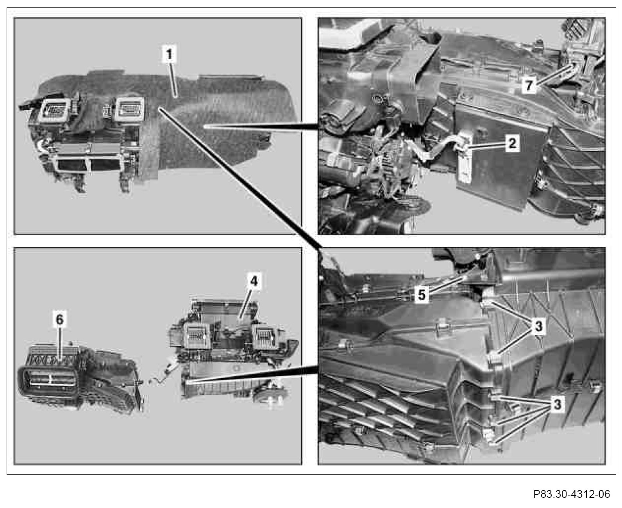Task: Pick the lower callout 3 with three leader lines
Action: (x=557, y=404)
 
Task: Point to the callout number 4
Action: (x=254, y=281)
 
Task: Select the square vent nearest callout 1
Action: (x=129, y=109)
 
